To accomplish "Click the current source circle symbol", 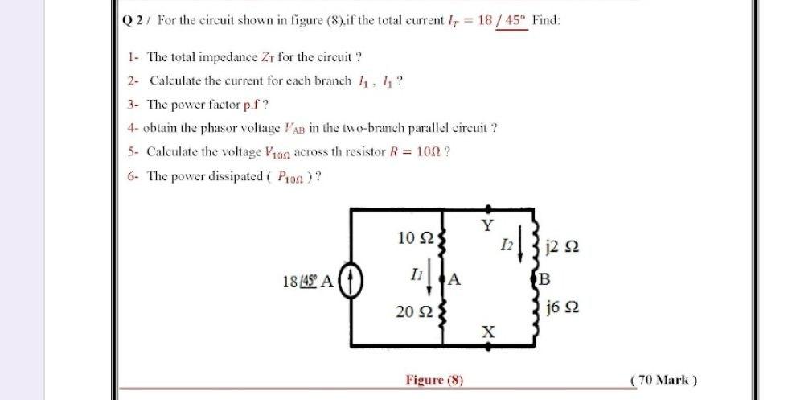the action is (x=351, y=282).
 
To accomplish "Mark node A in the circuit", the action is (x=454, y=280).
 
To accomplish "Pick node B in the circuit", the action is (x=544, y=280).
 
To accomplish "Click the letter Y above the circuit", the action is (x=486, y=225).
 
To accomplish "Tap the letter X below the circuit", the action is (x=486, y=332).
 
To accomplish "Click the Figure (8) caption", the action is (x=434, y=380).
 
